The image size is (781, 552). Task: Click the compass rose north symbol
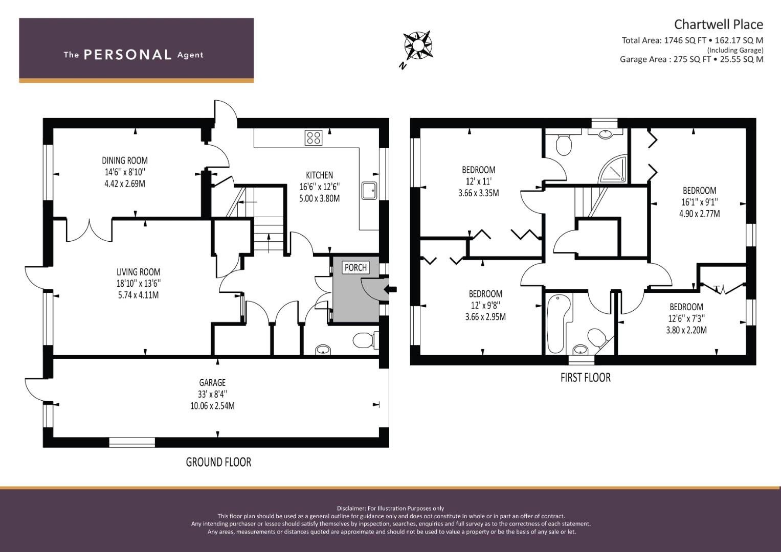(417, 45)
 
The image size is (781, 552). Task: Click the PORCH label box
(355, 267)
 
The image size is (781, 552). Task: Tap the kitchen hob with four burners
(313, 137)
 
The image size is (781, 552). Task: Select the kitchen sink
(369, 191)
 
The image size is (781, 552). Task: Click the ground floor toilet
(364, 339)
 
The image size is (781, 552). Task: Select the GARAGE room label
(212, 382)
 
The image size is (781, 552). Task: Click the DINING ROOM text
(125, 160)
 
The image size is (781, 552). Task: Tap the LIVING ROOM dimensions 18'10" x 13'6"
(138, 284)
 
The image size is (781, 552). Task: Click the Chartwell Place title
(718, 24)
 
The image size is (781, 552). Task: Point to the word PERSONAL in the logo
(127, 55)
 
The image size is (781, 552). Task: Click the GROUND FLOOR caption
(218, 462)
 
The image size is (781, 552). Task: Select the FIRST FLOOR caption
(585, 378)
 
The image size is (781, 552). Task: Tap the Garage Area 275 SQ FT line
(691, 59)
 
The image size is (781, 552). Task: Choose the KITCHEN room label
(319, 175)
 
